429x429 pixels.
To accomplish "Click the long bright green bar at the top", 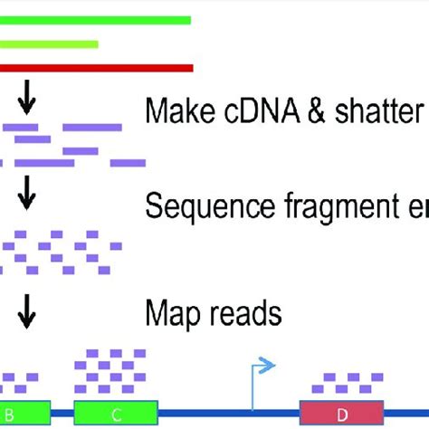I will coord(95,20).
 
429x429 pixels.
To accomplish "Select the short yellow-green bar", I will coord(49,43).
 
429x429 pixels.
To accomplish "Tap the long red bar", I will coord(96,68).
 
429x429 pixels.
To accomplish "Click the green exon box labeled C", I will coord(116,415).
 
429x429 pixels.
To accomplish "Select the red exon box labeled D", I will coord(342,415).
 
